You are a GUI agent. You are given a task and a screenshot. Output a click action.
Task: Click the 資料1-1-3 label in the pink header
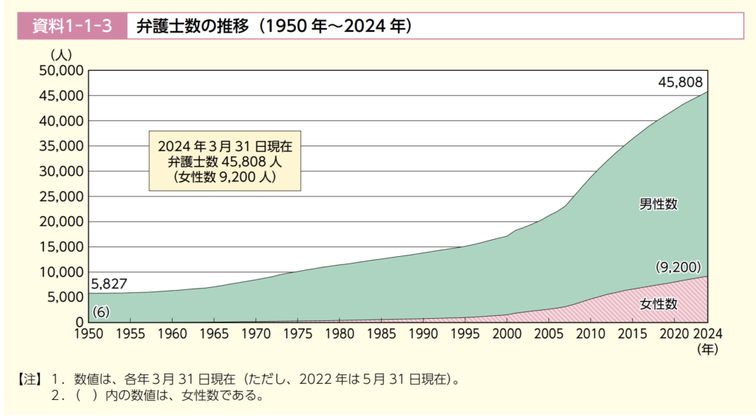[x=72, y=27]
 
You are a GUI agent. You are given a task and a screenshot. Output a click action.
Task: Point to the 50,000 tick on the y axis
[x=62, y=71]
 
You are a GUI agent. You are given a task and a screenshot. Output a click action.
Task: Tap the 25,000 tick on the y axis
[x=62, y=196]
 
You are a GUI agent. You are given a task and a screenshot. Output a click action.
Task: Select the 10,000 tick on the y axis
[x=62, y=272]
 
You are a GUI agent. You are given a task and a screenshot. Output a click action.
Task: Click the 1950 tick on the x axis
[x=88, y=332]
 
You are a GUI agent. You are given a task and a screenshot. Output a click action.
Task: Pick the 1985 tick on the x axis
[x=381, y=332]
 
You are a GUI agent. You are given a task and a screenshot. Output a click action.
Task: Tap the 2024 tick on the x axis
[x=707, y=332]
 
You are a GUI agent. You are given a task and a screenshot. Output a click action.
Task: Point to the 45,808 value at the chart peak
[x=680, y=82]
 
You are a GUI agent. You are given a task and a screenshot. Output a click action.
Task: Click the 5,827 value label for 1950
[x=109, y=283]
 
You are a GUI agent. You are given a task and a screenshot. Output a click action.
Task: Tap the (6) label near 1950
[x=101, y=311]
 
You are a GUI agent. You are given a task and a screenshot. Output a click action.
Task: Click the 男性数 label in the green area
[x=658, y=204]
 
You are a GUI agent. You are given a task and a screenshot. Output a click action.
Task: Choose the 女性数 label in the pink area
[x=658, y=303]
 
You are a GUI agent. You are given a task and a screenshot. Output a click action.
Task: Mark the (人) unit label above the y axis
[x=61, y=55]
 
